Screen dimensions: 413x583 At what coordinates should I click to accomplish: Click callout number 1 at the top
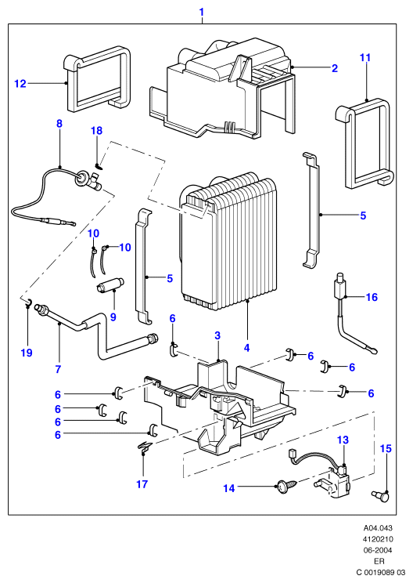202,13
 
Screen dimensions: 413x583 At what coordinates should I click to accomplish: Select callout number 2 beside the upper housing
335,68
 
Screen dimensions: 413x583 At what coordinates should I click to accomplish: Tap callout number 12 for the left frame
20,84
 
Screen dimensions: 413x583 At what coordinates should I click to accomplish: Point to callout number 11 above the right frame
365,58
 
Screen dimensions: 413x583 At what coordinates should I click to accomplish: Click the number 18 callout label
96,131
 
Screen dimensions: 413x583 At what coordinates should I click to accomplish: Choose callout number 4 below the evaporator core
246,348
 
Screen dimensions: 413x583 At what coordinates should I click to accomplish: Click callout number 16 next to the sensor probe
372,297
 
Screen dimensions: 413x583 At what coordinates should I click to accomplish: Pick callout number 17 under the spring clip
142,484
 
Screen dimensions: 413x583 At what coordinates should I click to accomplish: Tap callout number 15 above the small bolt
386,448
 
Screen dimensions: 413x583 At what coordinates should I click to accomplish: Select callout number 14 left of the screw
229,488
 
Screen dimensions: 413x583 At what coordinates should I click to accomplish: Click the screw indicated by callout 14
288,487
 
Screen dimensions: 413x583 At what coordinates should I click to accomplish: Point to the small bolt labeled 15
381,495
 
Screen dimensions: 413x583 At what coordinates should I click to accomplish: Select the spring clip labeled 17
145,447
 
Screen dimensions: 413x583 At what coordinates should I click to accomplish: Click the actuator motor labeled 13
334,481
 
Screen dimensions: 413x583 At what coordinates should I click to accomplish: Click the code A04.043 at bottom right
378,528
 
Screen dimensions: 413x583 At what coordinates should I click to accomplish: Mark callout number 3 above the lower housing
217,335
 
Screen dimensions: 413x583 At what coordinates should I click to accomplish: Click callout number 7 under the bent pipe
58,369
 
